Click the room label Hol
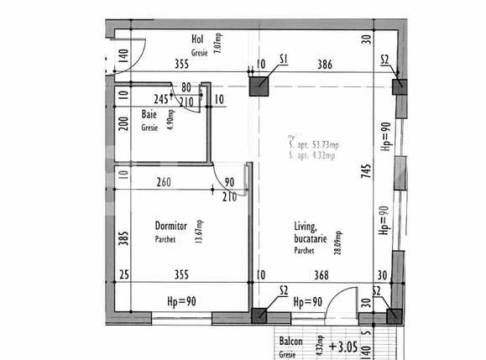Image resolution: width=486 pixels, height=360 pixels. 198,39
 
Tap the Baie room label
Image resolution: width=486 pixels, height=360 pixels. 149,114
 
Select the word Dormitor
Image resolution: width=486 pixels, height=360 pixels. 170,226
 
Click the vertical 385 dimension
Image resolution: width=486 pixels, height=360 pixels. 123,240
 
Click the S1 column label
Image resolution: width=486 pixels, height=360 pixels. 283,60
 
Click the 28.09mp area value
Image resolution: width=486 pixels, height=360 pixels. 338,244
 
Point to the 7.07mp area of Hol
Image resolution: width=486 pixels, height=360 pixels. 217,44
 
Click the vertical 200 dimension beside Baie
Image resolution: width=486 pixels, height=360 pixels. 123,126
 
